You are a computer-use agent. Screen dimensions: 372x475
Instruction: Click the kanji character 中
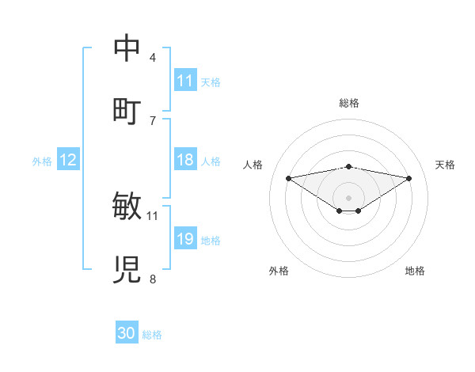[127, 47]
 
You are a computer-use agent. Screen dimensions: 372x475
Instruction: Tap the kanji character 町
[127, 110]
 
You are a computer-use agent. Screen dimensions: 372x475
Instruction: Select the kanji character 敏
[127, 206]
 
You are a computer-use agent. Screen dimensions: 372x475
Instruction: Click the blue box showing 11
[185, 81]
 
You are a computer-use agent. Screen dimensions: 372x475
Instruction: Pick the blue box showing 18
[185, 161]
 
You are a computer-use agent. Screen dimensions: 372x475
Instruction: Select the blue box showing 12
[68, 161]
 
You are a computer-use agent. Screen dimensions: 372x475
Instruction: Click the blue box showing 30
[127, 334]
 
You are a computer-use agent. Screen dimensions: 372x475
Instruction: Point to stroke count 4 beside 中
[153, 57]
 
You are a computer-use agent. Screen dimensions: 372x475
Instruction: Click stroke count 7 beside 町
[153, 120]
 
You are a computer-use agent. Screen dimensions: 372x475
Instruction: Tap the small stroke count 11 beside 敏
[153, 215]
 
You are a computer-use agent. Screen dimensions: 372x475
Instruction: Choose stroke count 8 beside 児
[153, 279]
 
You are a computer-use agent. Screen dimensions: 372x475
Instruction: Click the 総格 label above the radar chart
[348, 103]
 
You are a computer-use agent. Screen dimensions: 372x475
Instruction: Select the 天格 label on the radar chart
[445, 165]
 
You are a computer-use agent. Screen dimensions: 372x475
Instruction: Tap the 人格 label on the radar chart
[253, 165]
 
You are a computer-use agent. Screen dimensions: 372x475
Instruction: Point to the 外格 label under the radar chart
[279, 271]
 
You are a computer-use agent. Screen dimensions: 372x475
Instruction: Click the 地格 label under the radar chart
[415, 271]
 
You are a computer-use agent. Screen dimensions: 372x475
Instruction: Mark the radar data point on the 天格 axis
[409, 178]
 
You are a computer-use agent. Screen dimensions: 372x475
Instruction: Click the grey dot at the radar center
[348, 197]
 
